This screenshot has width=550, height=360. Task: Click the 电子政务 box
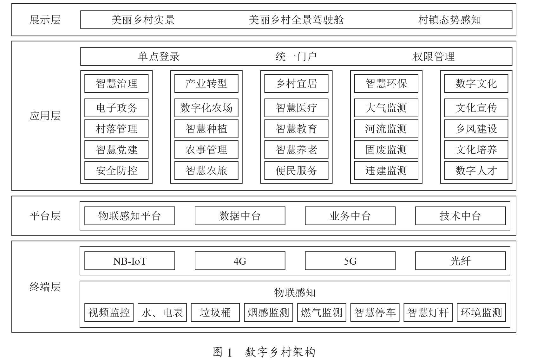(x=116, y=108)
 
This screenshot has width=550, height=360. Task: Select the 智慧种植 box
(x=206, y=129)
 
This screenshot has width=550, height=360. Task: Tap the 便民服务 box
(x=296, y=170)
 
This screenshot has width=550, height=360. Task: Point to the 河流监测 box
(x=386, y=129)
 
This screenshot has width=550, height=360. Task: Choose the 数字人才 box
(x=476, y=170)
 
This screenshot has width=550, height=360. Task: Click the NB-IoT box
(x=130, y=261)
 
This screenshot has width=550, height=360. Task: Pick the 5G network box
(x=350, y=261)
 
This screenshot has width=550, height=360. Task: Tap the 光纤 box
(x=461, y=261)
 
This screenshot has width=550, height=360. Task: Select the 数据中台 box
(x=240, y=216)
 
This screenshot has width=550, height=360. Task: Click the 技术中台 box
(x=461, y=216)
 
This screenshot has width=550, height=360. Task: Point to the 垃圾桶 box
(x=215, y=312)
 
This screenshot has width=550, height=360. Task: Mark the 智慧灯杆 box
(x=428, y=312)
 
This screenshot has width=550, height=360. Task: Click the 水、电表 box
(x=162, y=312)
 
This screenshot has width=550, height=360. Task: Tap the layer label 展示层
(x=45, y=20)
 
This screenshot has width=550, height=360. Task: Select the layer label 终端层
(x=45, y=287)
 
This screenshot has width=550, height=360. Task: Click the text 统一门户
(x=296, y=57)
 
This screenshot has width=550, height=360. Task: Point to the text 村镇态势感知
(x=449, y=20)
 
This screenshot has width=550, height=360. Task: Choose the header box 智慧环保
(x=386, y=83)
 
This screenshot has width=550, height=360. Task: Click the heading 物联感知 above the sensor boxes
(x=295, y=292)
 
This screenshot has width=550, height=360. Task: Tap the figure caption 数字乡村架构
(x=280, y=352)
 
